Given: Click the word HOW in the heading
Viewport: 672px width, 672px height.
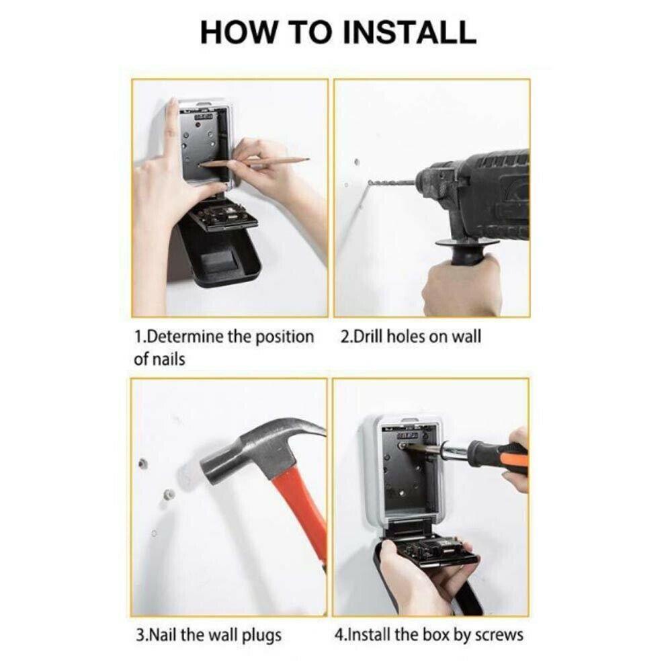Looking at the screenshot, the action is click(x=239, y=32).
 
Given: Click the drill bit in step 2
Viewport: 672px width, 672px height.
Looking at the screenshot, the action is click(x=392, y=183).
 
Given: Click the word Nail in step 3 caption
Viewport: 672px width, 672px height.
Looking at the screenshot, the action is click(x=162, y=635).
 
